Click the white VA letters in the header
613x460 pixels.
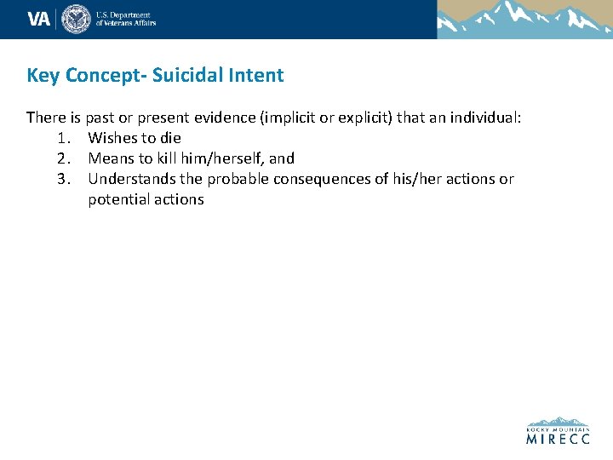tap(39, 19)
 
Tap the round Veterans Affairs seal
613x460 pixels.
tap(76, 19)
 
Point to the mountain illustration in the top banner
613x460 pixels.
tap(524, 19)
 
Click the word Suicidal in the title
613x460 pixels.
tap(180, 75)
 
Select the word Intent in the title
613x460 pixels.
tap(256, 75)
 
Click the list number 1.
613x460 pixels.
tap(63, 138)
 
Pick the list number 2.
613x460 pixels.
tap(63, 158)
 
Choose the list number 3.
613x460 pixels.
tap(63, 179)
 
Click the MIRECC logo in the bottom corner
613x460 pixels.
tap(557, 431)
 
